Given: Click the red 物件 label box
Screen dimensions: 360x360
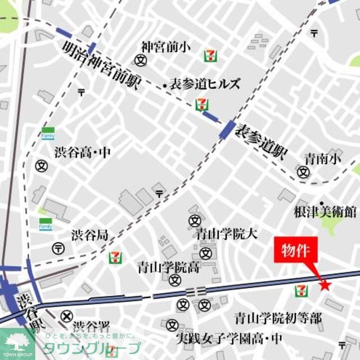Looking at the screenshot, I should click(295, 250).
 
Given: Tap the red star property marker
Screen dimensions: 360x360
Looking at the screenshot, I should click(325, 286).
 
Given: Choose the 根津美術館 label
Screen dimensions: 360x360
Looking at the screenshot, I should click(325, 211).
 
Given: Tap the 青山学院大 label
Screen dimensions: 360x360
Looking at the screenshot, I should click(227, 233).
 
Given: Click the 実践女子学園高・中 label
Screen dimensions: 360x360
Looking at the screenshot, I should click(228, 339).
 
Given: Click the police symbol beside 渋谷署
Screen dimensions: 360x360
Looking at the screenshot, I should click(67, 317).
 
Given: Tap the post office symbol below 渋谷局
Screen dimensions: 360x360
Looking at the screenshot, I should click(58, 248).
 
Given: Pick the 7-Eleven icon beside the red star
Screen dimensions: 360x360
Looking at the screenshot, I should click(301, 290).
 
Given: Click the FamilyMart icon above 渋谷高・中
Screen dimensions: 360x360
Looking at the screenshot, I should click(47, 134).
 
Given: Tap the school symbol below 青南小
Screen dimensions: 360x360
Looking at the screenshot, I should click(304, 173).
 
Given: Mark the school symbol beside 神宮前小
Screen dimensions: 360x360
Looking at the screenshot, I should click(141, 60).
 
